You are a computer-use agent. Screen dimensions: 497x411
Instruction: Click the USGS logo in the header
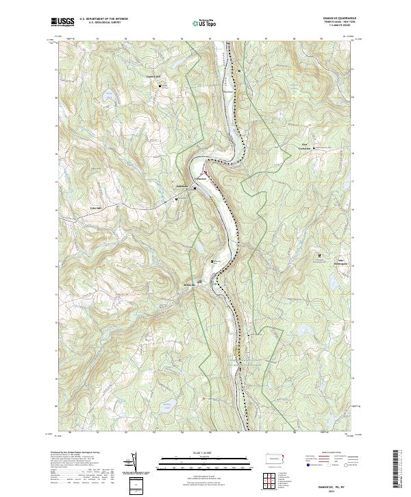[x=63, y=23]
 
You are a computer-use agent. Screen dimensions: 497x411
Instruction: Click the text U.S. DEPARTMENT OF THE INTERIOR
[x=104, y=19]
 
